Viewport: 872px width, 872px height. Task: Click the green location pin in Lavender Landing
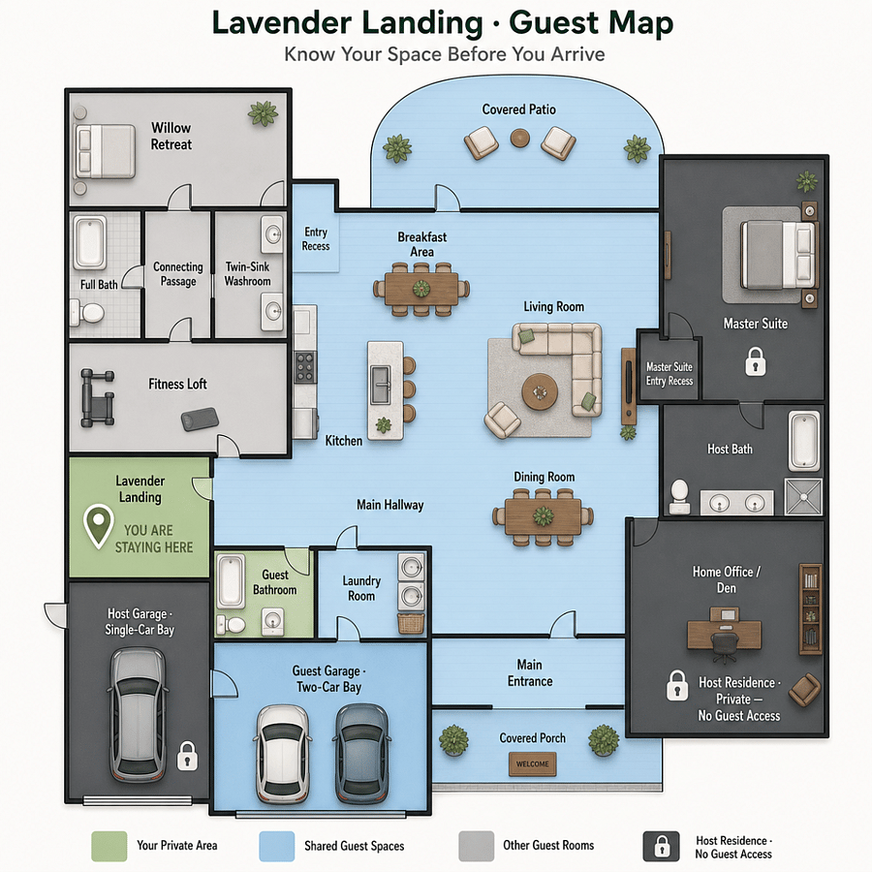pyautogui.click(x=98, y=524)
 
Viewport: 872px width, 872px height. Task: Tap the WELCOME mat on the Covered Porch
pyautogui.click(x=532, y=763)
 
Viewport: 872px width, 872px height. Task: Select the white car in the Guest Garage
pyautogui.click(x=283, y=753)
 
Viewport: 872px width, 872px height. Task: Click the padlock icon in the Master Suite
pyautogui.click(x=755, y=361)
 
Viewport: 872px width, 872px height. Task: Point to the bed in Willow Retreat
pyautogui.click(x=105, y=151)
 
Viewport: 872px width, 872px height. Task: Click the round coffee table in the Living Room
pyautogui.click(x=540, y=391)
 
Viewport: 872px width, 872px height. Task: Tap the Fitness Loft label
pyautogui.click(x=177, y=384)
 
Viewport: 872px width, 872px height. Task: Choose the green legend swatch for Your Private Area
pyautogui.click(x=109, y=846)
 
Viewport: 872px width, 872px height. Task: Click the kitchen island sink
pyautogui.click(x=382, y=385)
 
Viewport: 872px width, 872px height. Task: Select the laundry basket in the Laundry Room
pyautogui.click(x=411, y=623)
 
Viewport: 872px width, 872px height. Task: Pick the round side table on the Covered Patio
pyautogui.click(x=520, y=138)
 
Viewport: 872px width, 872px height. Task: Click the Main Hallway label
pyautogui.click(x=389, y=505)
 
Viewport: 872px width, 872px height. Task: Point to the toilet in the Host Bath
pyautogui.click(x=679, y=497)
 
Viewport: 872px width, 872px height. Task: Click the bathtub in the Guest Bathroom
pyautogui.click(x=231, y=580)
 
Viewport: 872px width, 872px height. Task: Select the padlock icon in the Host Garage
pyautogui.click(x=187, y=756)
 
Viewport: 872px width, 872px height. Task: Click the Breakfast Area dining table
pyautogui.click(x=421, y=289)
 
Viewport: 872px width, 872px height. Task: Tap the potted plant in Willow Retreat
pyautogui.click(x=263, y=113)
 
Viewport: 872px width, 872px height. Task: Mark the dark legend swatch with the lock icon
pyautogui.click(x=661, y=846)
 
